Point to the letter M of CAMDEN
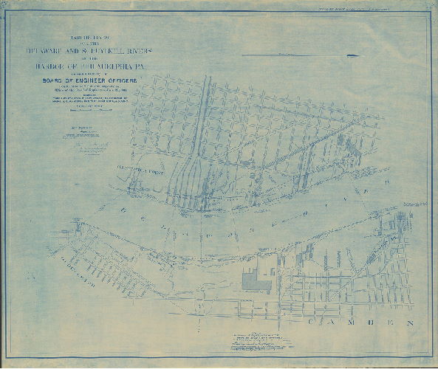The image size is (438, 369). point(349,324)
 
